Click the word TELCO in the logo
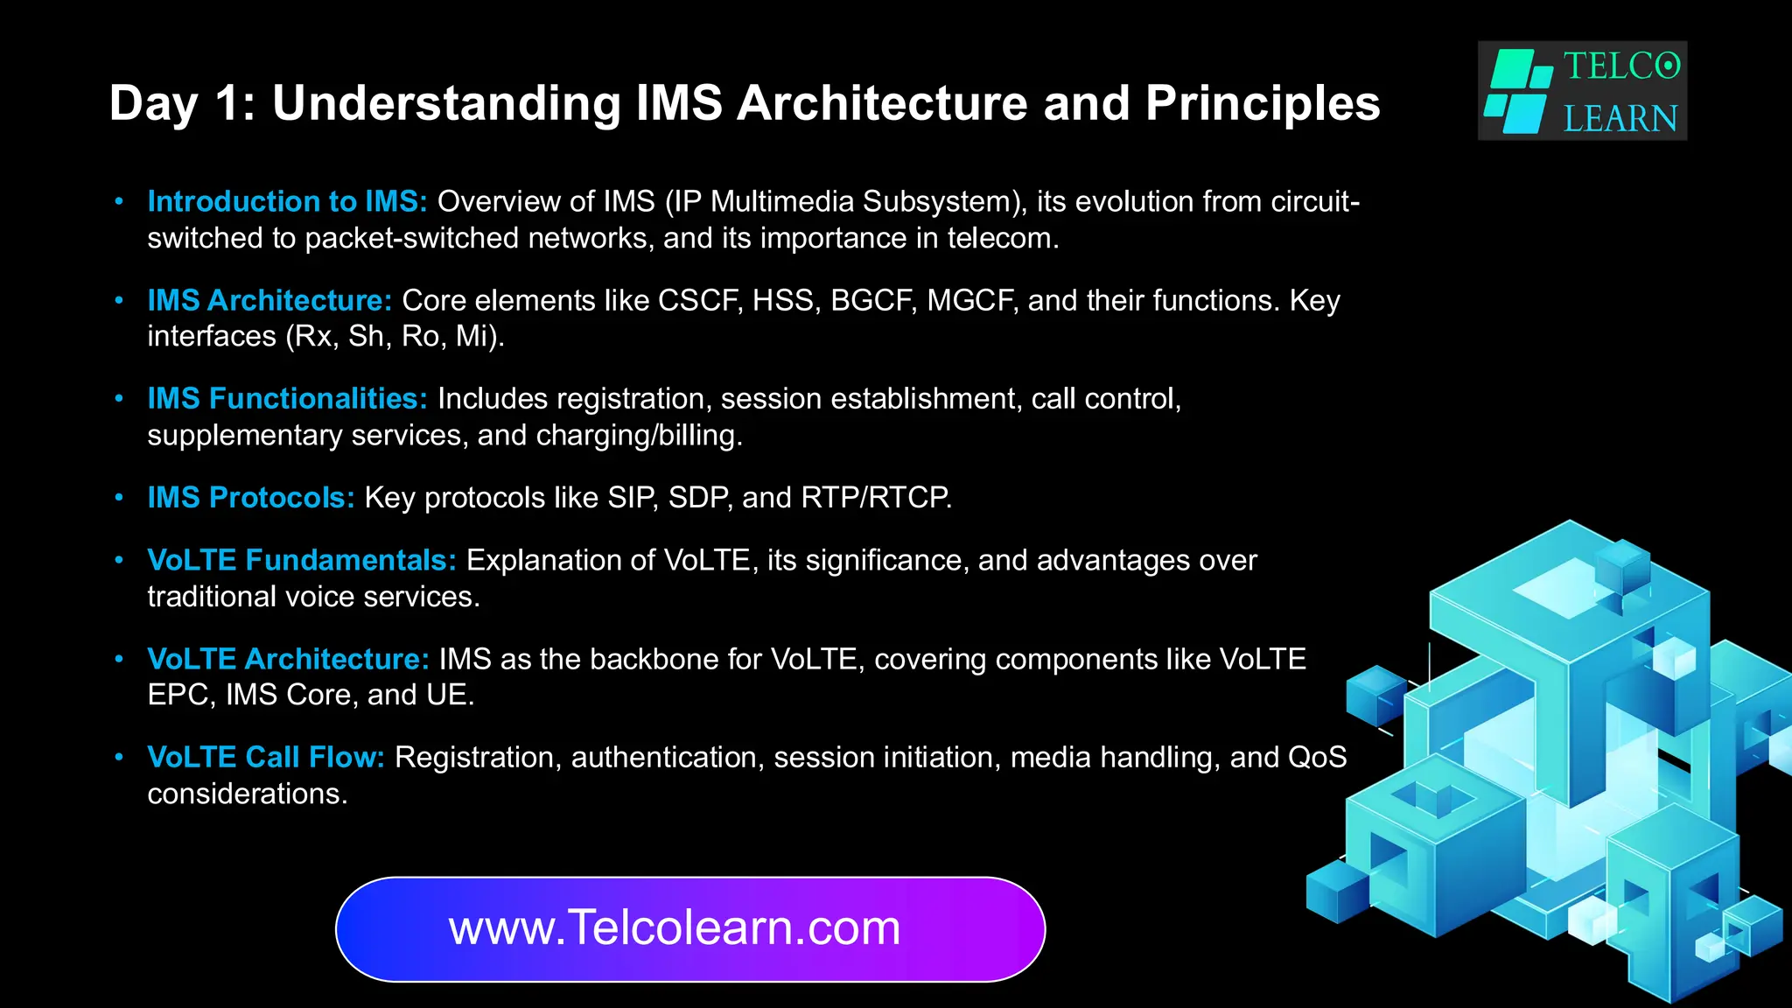tap(1621, 66)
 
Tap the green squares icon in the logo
tap(1518, 91)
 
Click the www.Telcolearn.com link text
tap(675, 928)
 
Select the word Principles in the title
tap(1263, 103)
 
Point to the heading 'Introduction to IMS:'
tap(287, 202)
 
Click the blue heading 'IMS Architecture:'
tap(269, 301)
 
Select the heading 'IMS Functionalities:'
tap(287, 399)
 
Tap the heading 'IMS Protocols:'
tap(251, 498)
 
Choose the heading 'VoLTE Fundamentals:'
tap(302, 560)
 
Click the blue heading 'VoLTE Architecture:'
tap(288, 659)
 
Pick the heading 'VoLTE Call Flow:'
tap(266, 757)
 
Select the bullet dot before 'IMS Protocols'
tap(119, 498)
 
